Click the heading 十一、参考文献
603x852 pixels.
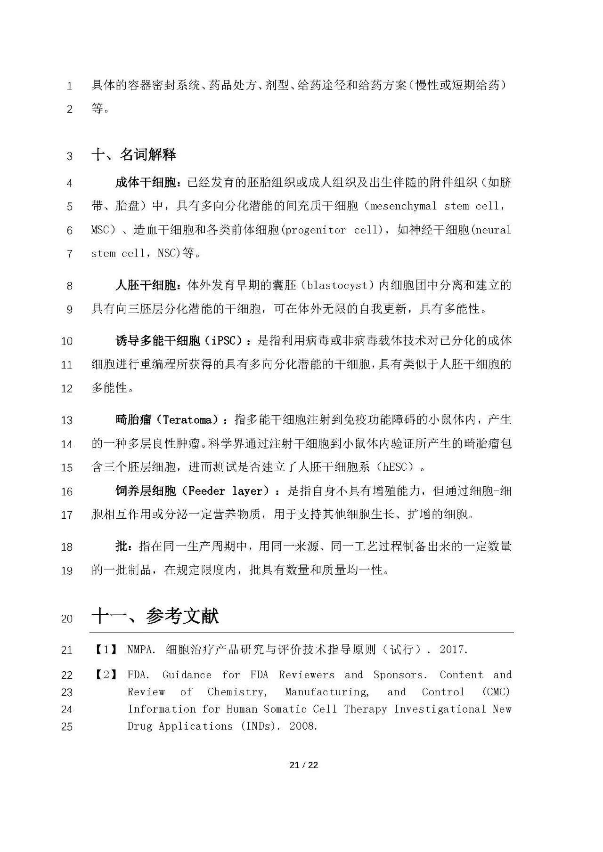pos(155,616)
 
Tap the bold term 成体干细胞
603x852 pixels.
pos(146,183)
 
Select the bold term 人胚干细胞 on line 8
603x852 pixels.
pos(146,285)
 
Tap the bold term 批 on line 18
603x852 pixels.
pos(121,547)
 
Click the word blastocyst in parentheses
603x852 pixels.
pos(336,285)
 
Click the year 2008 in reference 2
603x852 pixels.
pos(301,726)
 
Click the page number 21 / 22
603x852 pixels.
pos(304,765)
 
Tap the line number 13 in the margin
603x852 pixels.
pos(66,420)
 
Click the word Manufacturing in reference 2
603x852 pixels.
pos(327,692)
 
